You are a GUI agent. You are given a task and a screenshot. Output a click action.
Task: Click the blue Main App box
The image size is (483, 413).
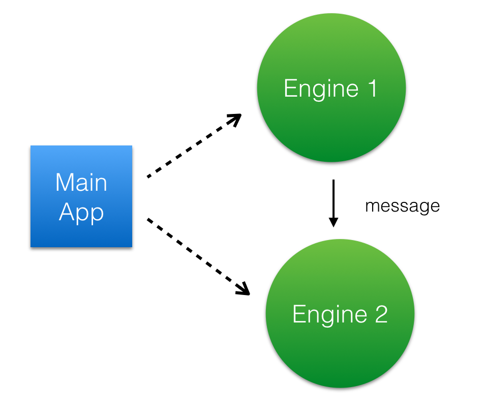coord(81,196)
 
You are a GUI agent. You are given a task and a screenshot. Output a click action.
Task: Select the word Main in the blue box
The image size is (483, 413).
coord(81,182)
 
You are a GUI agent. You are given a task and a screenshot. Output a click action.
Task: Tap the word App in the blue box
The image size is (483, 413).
coord(81,213)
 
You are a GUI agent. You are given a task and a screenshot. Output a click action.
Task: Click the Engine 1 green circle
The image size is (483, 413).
coord(331,87)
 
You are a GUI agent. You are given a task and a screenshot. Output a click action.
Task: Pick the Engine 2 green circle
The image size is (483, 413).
coord(340,314)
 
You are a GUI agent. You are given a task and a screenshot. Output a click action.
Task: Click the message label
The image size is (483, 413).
coord(402,206)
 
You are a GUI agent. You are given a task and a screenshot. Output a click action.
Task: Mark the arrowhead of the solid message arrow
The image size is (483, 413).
coord(333,222)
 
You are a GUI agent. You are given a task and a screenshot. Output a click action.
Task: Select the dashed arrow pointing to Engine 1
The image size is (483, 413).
coord(193,146)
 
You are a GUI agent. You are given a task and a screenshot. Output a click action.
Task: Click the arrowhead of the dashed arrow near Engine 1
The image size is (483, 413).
coord(235,120)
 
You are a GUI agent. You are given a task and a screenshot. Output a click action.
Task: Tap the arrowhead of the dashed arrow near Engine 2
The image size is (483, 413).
coord(244,289)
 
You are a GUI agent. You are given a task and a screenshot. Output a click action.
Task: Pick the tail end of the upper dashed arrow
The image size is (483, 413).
coord(148,176)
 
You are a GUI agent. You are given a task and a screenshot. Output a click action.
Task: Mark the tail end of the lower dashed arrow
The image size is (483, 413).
coord(148,220)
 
